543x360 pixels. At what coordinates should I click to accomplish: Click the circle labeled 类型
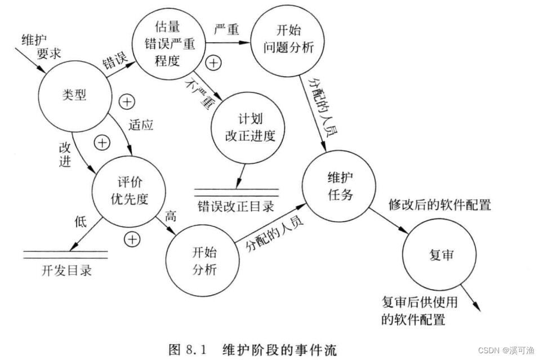click(74, 95)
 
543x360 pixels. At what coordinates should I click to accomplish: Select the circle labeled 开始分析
click(203, 260)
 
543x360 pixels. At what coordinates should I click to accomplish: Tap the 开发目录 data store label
click(66, 270)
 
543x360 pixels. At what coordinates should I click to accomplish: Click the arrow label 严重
click(228, 28)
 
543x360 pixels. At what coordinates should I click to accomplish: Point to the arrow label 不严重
click(201, 92)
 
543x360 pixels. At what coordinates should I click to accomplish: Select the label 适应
click(141, 125)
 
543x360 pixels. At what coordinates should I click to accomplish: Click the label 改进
click(66, 153)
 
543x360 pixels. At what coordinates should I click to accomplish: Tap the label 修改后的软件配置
click(440, 205)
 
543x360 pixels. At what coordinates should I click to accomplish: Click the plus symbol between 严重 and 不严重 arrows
click(213, 63)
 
